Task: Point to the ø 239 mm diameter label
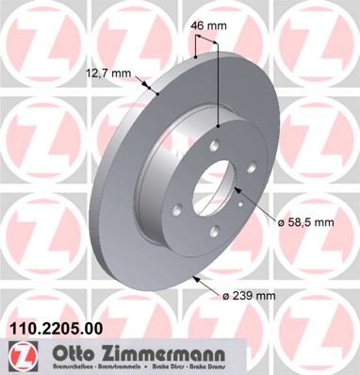[249, 294]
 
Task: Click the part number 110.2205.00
[54, 327]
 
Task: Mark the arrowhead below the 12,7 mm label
[154, 92]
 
